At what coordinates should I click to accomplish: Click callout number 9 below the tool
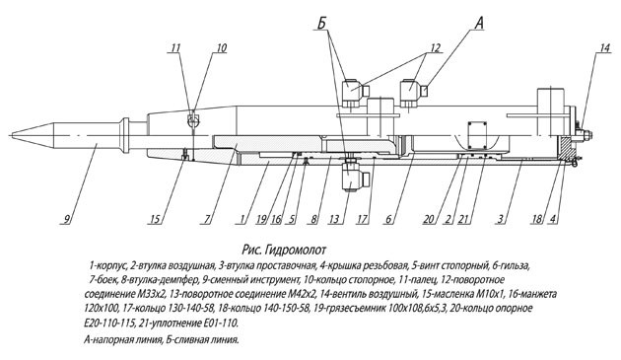click(67, 219)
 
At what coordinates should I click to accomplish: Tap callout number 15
click(156, 219)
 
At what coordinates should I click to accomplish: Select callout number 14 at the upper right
click(605, 48)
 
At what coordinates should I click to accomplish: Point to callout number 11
click(175, 48)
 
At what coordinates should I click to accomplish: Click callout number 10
click(222, 48)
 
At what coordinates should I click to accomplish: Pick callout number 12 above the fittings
click(435, 48)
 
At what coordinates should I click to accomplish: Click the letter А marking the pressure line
click(478, 24)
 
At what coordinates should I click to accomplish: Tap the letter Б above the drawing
click(321, 24)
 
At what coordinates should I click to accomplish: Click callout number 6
click(389, 219)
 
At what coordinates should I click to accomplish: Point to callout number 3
click(501, 219)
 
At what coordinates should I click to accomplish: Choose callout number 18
click(536, 219)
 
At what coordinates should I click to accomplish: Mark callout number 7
click(206, 219)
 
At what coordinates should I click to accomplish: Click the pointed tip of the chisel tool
click(12, 135)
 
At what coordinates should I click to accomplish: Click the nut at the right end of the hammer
click(586, 135)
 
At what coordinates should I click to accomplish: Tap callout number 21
click(464, 219)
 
